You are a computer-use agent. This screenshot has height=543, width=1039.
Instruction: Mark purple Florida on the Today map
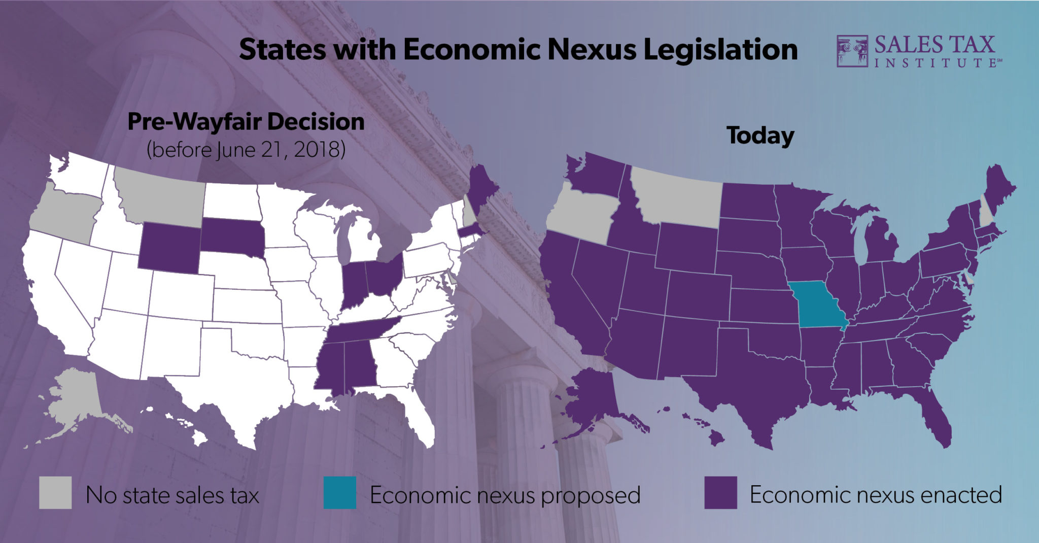coord(936,421)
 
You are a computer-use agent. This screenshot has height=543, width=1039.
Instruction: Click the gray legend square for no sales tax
coord(55,492)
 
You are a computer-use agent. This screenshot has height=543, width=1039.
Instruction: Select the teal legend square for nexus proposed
coord(340,492)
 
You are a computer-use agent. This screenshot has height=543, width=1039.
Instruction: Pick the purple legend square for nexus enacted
coord(720,492)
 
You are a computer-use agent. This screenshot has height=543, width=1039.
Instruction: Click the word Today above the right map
coord(760,136)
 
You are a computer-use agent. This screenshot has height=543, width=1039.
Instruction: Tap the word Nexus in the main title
coord(591,50)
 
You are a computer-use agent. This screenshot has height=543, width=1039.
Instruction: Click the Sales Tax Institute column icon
coord(852,51)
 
